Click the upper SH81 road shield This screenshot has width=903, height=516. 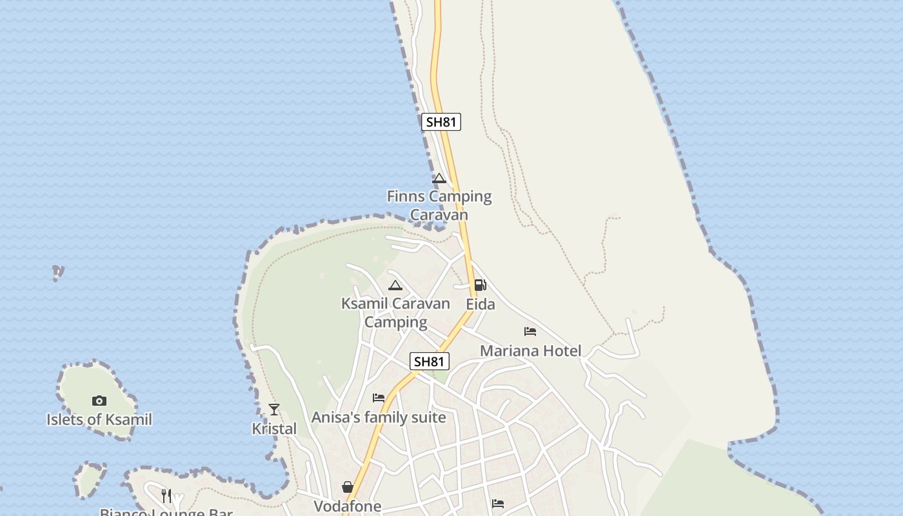pyautogui.click(x=441, y=122)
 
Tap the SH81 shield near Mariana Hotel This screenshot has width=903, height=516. pyautogui.click(x=430, y=361)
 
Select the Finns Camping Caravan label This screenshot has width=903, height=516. pyautogui.click(x=439, y=205)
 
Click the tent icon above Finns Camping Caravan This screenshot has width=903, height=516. pyautogui.click(x=439, y=179)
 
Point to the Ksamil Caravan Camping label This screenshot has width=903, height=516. pyautogui.click(x=395, y=312)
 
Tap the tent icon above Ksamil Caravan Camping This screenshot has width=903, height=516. pyautogui.click(x=395, y=285)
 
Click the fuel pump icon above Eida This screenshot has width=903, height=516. pyautogui.click(x=481, y=285)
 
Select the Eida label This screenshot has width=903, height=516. pyautogui.click(x=481, y=304)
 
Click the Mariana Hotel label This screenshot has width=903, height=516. pyautogui.click(x=531, y=351)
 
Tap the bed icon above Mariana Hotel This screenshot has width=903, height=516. pyautogui.click(x=530, y=332)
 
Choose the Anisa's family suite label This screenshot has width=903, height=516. pyautogui.click(x=379, y=417)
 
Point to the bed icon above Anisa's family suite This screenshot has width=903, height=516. pyautogui.click(x=379, y=398)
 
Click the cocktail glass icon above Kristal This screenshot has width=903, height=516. pyautogui.click(x=274, y=409)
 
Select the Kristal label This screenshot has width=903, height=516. pyautogui.click(x=274, y=428)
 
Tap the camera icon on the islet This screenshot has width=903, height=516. pyautogui.click(x=99, y=401)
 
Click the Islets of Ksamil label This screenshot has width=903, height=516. pyautogui.click(x=99, y=420)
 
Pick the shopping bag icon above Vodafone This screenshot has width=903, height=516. pyautogui.click(x=348, y=487)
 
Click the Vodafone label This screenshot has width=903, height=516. pyautogui.click(x=348, y=506)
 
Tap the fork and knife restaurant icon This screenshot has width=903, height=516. pyautogui.click(x=166, y=495)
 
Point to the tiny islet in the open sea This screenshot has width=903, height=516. pyautogui.click(x=58, y=272)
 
